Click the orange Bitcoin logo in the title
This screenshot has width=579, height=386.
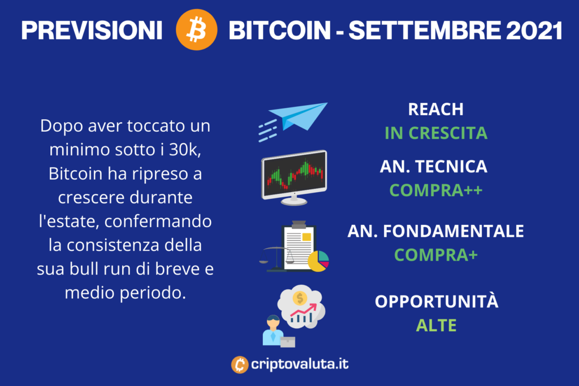tap(196, 29)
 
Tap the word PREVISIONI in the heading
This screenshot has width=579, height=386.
tap(92, 31)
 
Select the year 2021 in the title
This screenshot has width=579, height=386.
tap(534, 31)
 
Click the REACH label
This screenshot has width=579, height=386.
tap(436, 109)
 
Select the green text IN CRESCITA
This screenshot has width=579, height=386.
tap(436, 133)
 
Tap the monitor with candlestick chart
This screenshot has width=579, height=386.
tap(294, 177)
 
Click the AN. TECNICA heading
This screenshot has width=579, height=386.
tap(434, 166)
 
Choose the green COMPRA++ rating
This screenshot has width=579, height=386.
tap(436, 190)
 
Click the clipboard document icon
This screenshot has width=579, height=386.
tap(299, 245)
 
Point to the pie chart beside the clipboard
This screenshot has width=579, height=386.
tap(318, 261)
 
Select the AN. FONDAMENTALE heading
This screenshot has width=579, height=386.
tap(436, 231)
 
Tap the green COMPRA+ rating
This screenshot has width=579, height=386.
tap(436, 255)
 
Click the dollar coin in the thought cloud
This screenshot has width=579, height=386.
tap(300, 298)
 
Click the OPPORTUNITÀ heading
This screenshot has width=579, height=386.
tap(437, 301)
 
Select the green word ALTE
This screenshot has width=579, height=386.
tap(436, 326)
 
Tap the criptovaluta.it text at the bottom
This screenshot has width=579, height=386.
tap(300, 364)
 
